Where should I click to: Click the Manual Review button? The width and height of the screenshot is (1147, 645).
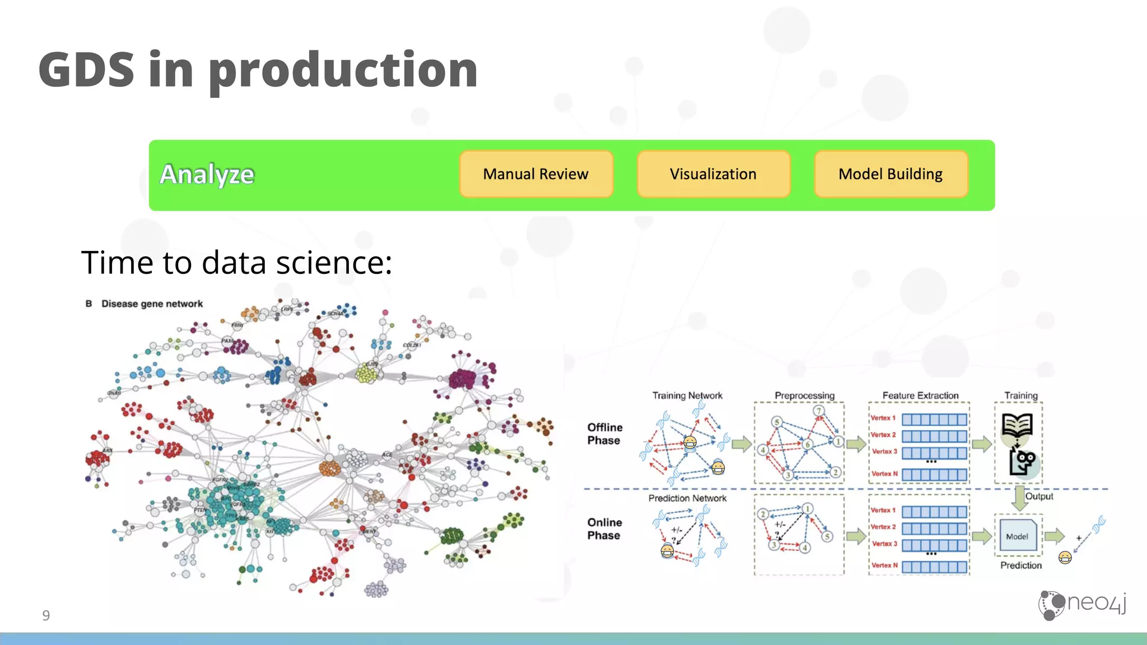pos(536,174)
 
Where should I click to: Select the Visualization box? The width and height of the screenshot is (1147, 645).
pos(713,174)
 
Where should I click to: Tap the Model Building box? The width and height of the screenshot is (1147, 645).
pos(890,174)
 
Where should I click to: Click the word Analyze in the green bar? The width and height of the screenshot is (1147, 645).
pos(207,175)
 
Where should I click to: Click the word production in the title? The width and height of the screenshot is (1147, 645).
pos(343,71)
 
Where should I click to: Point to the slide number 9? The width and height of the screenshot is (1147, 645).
pos(46,615)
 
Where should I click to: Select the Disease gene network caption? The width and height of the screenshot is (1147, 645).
pos(152,303)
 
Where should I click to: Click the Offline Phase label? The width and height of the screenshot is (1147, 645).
pos(604,434)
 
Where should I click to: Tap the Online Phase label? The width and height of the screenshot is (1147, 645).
pos(604,529)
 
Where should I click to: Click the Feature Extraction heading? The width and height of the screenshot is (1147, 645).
pos(920,395)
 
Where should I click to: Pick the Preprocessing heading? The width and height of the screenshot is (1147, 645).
pos(804,395)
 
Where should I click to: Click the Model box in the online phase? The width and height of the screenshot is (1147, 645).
pos(1017,536)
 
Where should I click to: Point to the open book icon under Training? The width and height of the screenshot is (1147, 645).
pos(1017,426)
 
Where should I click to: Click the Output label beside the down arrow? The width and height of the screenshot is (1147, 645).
pos(1039,496)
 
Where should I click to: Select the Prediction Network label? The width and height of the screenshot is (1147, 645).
pos(687,498)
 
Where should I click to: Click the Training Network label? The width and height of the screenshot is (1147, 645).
pos(687,395)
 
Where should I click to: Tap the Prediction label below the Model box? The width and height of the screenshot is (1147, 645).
pos(1021,565)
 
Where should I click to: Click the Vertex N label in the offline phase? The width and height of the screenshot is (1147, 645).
pos(884,474)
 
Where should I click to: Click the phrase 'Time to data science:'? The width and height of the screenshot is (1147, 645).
pos(236,262)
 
